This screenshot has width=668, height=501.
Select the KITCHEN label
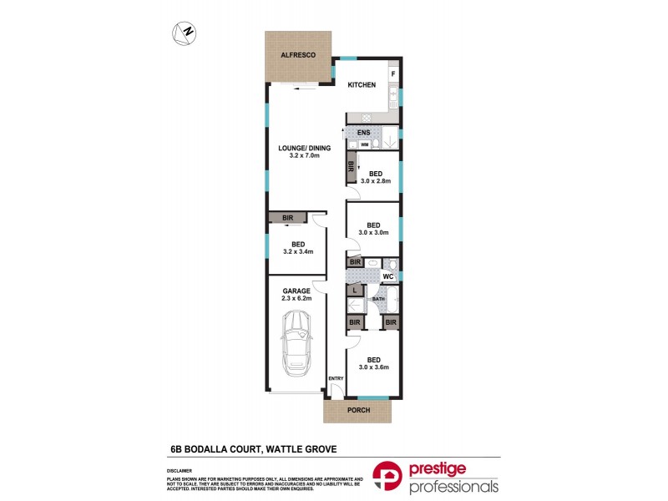point(362,85)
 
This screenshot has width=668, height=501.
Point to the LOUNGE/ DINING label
point(305,149)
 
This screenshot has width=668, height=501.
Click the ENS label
point(363,133)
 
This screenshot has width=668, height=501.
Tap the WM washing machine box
point(365,145)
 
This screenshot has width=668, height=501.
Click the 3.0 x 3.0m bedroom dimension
point(374,233)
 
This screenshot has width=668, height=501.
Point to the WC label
point(387,276)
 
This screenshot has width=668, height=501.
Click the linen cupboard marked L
point(354,291)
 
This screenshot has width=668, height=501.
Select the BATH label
point(377,298)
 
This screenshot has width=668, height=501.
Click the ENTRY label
point(336,378)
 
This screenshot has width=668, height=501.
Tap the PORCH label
point(357,410)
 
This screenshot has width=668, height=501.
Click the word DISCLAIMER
point(181,471)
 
